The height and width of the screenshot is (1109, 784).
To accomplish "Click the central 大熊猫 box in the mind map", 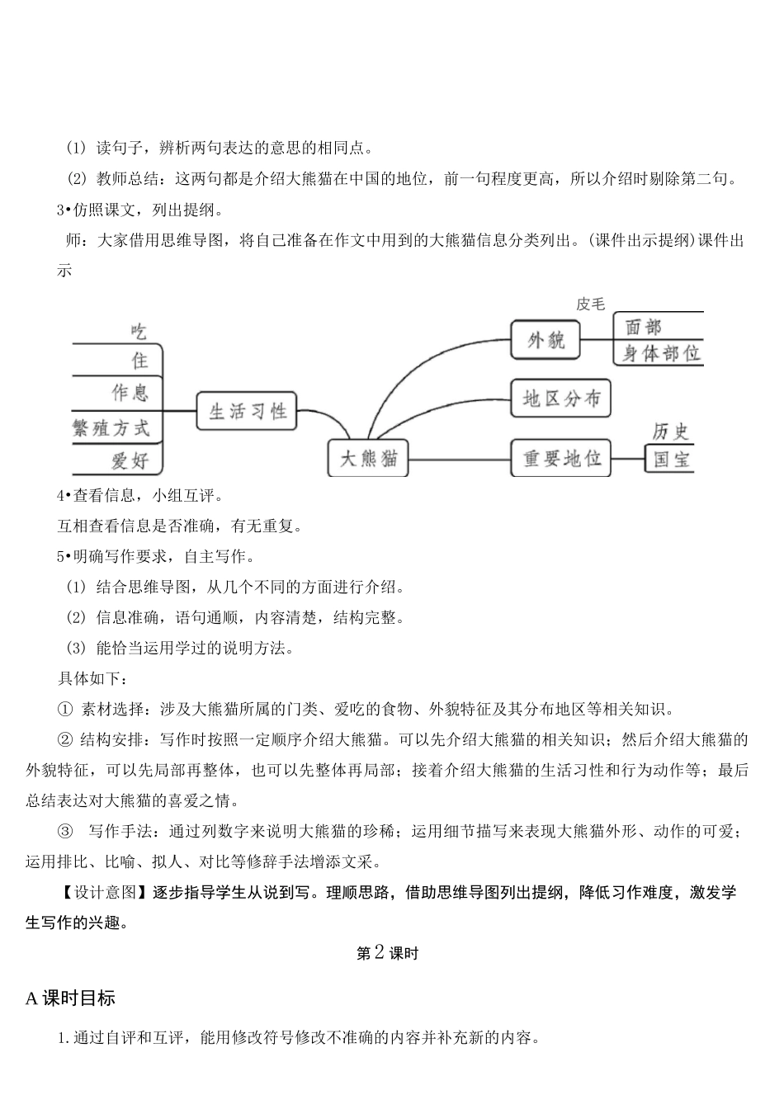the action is click(369, 458).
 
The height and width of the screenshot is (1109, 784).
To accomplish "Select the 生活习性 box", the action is click(247, 411).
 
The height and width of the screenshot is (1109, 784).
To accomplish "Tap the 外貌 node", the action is click(545, 339).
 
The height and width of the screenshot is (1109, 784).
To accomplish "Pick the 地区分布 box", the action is click(560, 399).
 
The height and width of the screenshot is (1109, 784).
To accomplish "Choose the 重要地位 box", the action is click(561, 458).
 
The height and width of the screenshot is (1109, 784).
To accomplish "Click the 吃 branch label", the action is click(139, 332).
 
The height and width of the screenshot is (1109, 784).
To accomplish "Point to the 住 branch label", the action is click(139, 361).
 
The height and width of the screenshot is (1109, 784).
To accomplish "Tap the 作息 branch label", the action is click(130, 391).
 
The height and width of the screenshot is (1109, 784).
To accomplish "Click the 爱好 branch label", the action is click(130, 460).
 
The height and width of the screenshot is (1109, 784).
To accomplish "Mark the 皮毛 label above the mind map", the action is click(590, 304).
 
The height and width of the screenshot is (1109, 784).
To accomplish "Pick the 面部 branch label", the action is click(644, 327).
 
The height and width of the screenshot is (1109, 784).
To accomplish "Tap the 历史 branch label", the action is click(670, 431).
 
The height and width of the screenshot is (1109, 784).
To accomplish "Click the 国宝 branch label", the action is click(670, 460).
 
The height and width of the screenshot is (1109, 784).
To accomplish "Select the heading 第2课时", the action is click(387, 953).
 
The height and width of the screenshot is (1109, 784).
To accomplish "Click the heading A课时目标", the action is click(70, 998).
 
